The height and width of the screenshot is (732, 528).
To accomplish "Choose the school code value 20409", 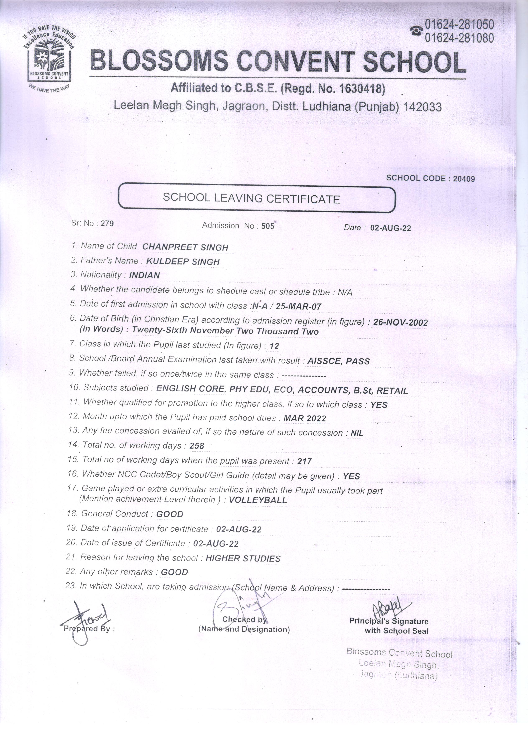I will [x=464, y=178].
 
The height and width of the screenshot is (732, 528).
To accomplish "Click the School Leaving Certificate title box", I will [x=257, y=198].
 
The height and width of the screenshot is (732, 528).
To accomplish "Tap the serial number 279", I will [x=107, y=223].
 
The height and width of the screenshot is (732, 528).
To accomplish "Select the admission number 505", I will [x=268, y=226].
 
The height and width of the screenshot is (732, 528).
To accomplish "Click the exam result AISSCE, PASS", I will [x=338, y=361].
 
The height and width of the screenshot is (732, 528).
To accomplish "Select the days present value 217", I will [x=305, y=461].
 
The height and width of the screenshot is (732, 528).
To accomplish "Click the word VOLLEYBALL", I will [x=258, y=500].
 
